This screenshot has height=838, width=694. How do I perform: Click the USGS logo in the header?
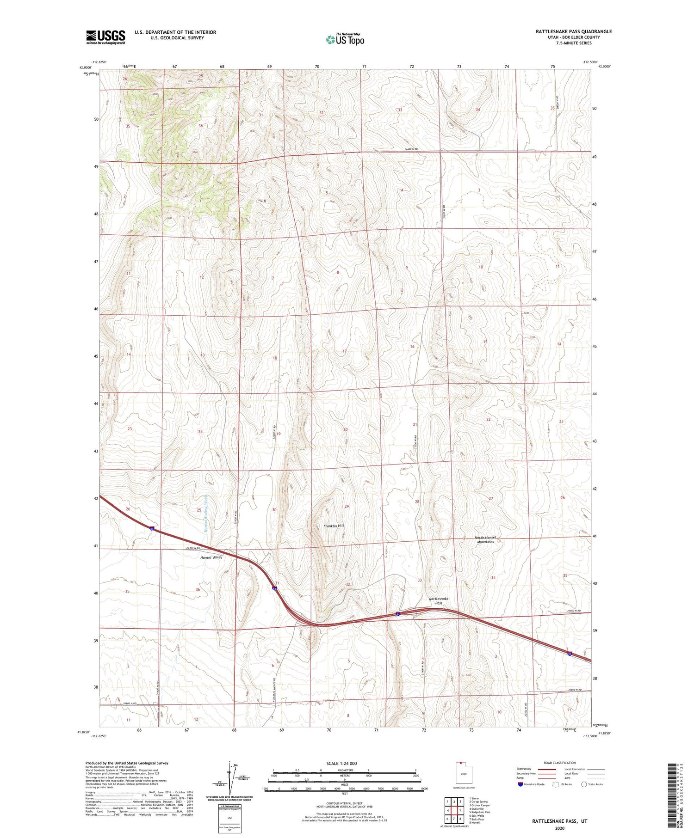(105, 37)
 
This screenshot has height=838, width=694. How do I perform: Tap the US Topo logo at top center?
(345, 40)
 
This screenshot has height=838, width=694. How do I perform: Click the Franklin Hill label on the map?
(334, 526)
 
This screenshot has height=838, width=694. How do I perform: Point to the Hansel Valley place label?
(211, 557)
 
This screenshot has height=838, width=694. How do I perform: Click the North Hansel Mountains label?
(485, 539)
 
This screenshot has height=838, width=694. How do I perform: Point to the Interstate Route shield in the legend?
(520, 784)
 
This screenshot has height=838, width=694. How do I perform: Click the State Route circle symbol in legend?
(584, 784)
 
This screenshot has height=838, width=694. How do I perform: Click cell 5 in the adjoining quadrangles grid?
(461, 810)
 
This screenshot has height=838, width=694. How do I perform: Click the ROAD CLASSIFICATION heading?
(559, 763)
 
